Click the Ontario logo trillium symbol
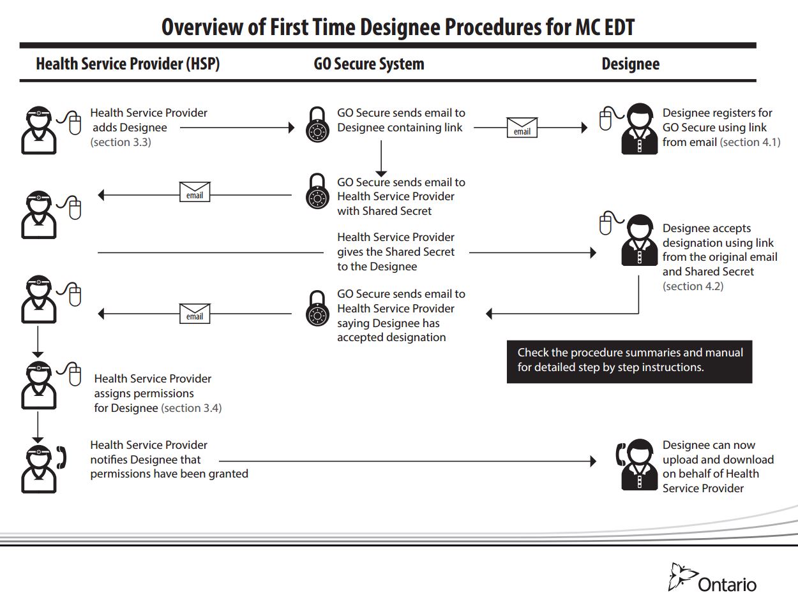[x=681, y=576]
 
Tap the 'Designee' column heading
[x=630, y=64]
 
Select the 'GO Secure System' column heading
[x=369, y=64]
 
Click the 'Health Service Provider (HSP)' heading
[x=128, y=64]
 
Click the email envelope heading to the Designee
[x=522, y=128]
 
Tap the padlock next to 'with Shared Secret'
[x=317, y=192]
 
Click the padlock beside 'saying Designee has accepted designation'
[x=317, y=309]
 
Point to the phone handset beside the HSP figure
[x=62, y=457]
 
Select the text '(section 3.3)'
[x=121, y=142]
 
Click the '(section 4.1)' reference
[x=749, y=142]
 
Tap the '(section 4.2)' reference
[x=693, y=286]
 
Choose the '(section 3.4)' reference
[x=191, y=408]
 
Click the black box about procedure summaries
[x=629, y=360]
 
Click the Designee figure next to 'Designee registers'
[x=639, y=129]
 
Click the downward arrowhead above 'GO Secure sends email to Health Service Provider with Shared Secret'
[x=381, y=173]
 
